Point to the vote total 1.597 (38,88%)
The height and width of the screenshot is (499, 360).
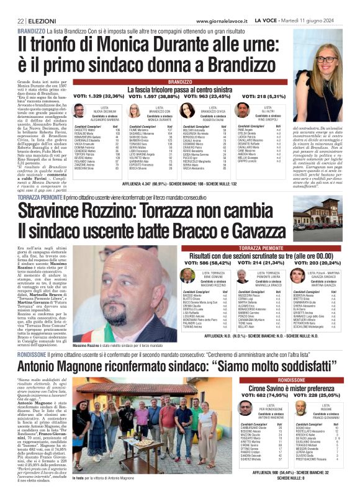[151, 96]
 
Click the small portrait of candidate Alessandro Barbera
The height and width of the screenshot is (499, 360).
[78, 111]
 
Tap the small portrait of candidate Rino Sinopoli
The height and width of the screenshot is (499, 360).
[241, 111]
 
